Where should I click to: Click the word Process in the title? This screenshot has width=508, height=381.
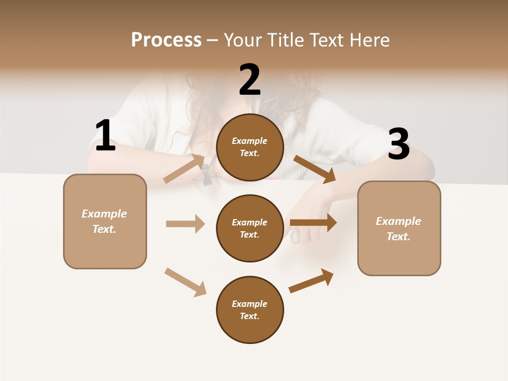coord(166,40)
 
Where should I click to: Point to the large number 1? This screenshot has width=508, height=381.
coord(105,136)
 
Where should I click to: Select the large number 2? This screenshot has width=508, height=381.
coord(250,80)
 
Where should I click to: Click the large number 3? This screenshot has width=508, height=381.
coord(398,144)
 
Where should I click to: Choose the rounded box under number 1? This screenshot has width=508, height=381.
coord(105,221)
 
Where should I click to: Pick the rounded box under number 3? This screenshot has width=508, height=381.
coord(398,229)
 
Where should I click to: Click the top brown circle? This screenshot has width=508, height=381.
coord(250,147)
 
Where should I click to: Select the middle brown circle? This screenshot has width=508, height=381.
coord(250,229)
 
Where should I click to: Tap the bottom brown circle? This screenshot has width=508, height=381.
coord(250,310)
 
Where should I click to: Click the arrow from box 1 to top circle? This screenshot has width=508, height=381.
coord(184,168)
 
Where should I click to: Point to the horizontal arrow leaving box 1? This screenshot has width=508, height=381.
coord(185,224)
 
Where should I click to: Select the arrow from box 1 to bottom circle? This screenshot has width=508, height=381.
coord(185,282)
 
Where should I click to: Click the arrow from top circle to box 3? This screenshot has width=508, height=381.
coord(315,169)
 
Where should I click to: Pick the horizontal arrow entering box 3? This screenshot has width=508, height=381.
coord(313,223)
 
